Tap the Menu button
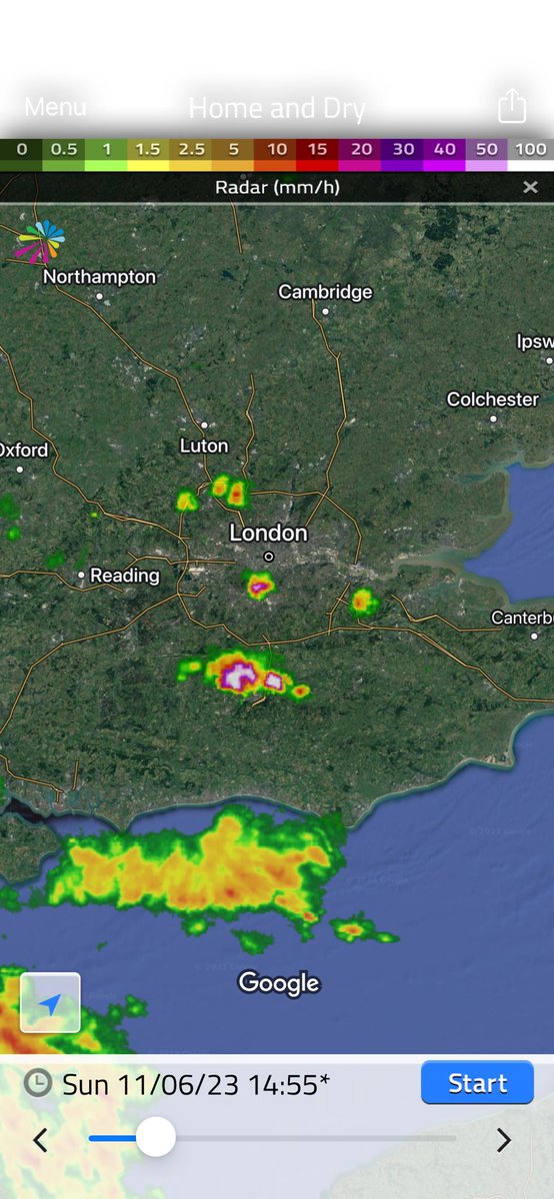pos(55,107)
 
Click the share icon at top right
pos(512,106)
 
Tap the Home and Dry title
pos(277,108)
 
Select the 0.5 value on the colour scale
pos(64,149)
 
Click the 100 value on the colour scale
pos(531,149)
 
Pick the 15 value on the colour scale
pos(318,149)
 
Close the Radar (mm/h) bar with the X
pos(530,187)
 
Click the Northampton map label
pos(99,277)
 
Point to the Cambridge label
pos(325,292)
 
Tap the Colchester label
pos(493,400)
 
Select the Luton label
pos(204,446)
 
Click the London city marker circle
pos(269,557)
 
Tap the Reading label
pos(125,576)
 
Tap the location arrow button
pos(50,1002)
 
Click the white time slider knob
pos(155,1138)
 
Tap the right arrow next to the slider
pos(504,1139)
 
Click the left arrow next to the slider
pos(41,1139)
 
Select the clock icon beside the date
pos(37,1083)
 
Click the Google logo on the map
pos(279,983)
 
